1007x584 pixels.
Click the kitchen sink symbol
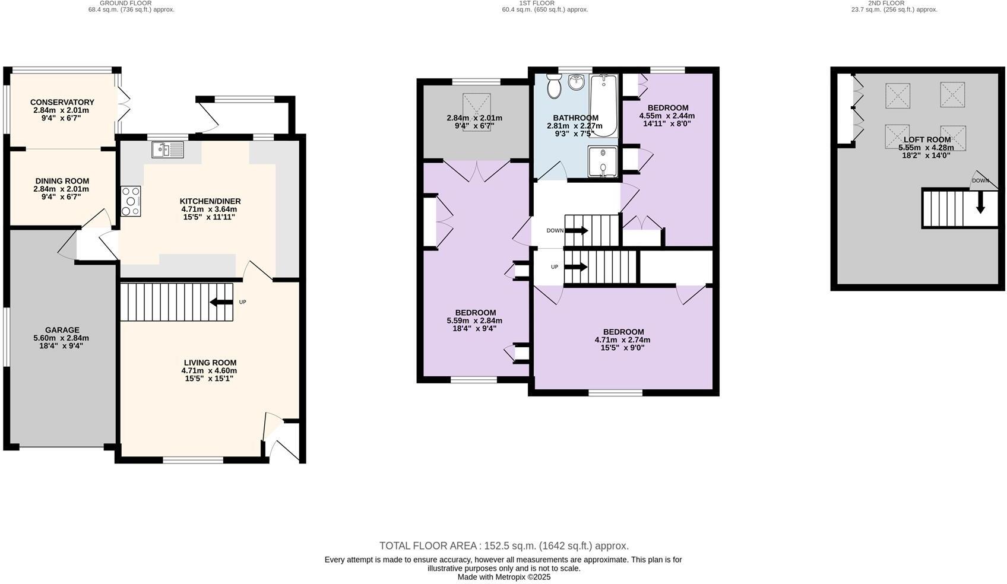(x=168, y=149)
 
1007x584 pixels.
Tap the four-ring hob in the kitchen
(x=131, y=202)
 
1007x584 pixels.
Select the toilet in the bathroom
(x=555, y=87)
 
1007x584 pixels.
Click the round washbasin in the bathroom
(x=576, y=82)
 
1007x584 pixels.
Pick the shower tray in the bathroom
(x=603, y=162)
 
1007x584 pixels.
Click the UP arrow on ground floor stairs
(x=221, y=303)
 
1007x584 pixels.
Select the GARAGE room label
(x=62, y=330)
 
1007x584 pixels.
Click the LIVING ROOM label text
(x=210, y=363)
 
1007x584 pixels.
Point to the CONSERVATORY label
(x=62, y=102)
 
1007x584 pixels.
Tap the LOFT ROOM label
(x=927, y=139)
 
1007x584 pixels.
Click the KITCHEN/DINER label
(x=210, y=201)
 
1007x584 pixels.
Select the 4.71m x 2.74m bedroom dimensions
(x=622, y=340)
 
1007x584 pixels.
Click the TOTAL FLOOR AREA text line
(x=503, y=545)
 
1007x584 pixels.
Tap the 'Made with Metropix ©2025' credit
(x=503, y=577)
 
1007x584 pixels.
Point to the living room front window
(x=193, y=459)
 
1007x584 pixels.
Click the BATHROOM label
(x=575, y=118)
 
